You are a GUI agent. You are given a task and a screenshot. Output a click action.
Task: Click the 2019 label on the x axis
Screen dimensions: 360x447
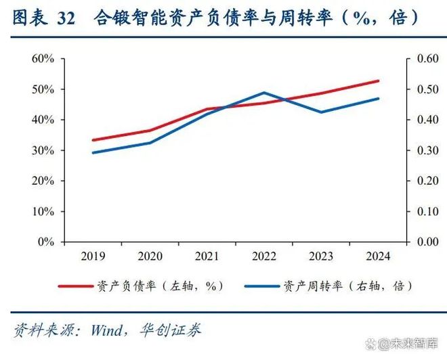(93, 256)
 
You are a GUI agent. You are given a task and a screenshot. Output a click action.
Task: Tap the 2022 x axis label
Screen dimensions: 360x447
(263, 256)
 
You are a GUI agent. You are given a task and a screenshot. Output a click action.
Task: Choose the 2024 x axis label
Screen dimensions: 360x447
(377, 256)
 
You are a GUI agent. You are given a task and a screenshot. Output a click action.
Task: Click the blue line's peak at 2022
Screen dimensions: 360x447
(263, 93)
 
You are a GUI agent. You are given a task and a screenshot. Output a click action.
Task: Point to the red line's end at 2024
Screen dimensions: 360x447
(378, 81)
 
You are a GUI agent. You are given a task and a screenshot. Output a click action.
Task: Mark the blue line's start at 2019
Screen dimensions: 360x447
(93, 152)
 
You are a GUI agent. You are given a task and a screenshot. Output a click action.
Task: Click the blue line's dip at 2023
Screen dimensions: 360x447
(320, 112)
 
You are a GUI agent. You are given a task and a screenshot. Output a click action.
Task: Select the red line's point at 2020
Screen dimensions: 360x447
(150, 131)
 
